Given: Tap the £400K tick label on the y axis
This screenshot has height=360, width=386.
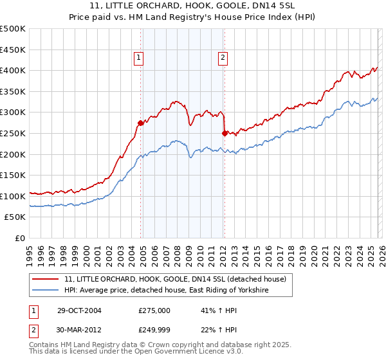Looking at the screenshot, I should (13, 70).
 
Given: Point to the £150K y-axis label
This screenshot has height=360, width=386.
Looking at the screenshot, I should (13, 175).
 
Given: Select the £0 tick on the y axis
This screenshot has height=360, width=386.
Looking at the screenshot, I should (20, 238).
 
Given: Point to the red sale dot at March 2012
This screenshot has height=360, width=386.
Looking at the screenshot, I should (225, 134).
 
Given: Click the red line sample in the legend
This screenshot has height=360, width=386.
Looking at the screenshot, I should (46, 279).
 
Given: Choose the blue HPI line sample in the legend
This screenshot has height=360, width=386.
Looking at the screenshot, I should (46, 291).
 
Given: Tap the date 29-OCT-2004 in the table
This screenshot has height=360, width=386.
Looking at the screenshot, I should (78, 310).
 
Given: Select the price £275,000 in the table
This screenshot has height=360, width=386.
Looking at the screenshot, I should (154, 310).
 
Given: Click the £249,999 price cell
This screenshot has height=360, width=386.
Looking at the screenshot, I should (154, 330).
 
